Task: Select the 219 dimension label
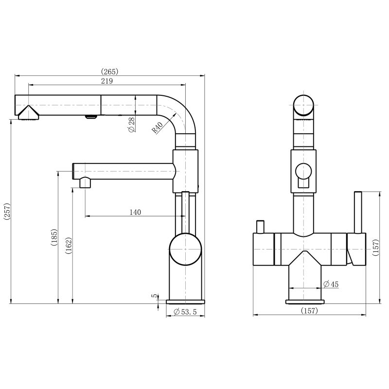(107, 81)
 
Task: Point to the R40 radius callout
(157, 128)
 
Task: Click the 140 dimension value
(135, 212)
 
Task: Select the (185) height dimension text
(54, 238)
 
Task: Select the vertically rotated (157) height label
(374, 248)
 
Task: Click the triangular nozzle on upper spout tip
(28, 113)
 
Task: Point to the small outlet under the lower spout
(85, 183)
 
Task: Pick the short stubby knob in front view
(260, 227)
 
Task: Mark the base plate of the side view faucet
(185, 301)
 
